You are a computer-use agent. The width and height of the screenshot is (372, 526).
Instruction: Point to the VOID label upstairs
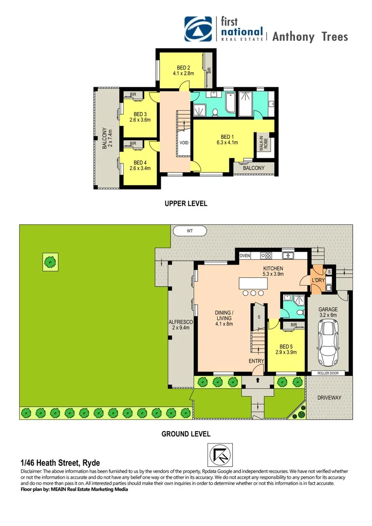click(184, 143)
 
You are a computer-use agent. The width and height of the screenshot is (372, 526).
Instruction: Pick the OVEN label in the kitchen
click(244, 255)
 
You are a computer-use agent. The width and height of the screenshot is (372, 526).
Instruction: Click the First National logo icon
click(198, 29)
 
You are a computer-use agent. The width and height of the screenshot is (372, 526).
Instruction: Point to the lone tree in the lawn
click(49, 263)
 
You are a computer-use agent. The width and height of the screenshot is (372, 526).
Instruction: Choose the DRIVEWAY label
click(330, 397)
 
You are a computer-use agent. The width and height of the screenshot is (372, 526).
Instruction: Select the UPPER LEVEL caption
click(186, 204)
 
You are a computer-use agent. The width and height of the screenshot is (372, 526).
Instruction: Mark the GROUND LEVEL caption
click(186, 433)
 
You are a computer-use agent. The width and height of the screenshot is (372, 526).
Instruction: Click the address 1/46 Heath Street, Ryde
click(60, 463)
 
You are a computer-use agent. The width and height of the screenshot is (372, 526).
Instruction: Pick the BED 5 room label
click(286, 349)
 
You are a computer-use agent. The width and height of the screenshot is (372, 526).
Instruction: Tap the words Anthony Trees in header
click(310, 37)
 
